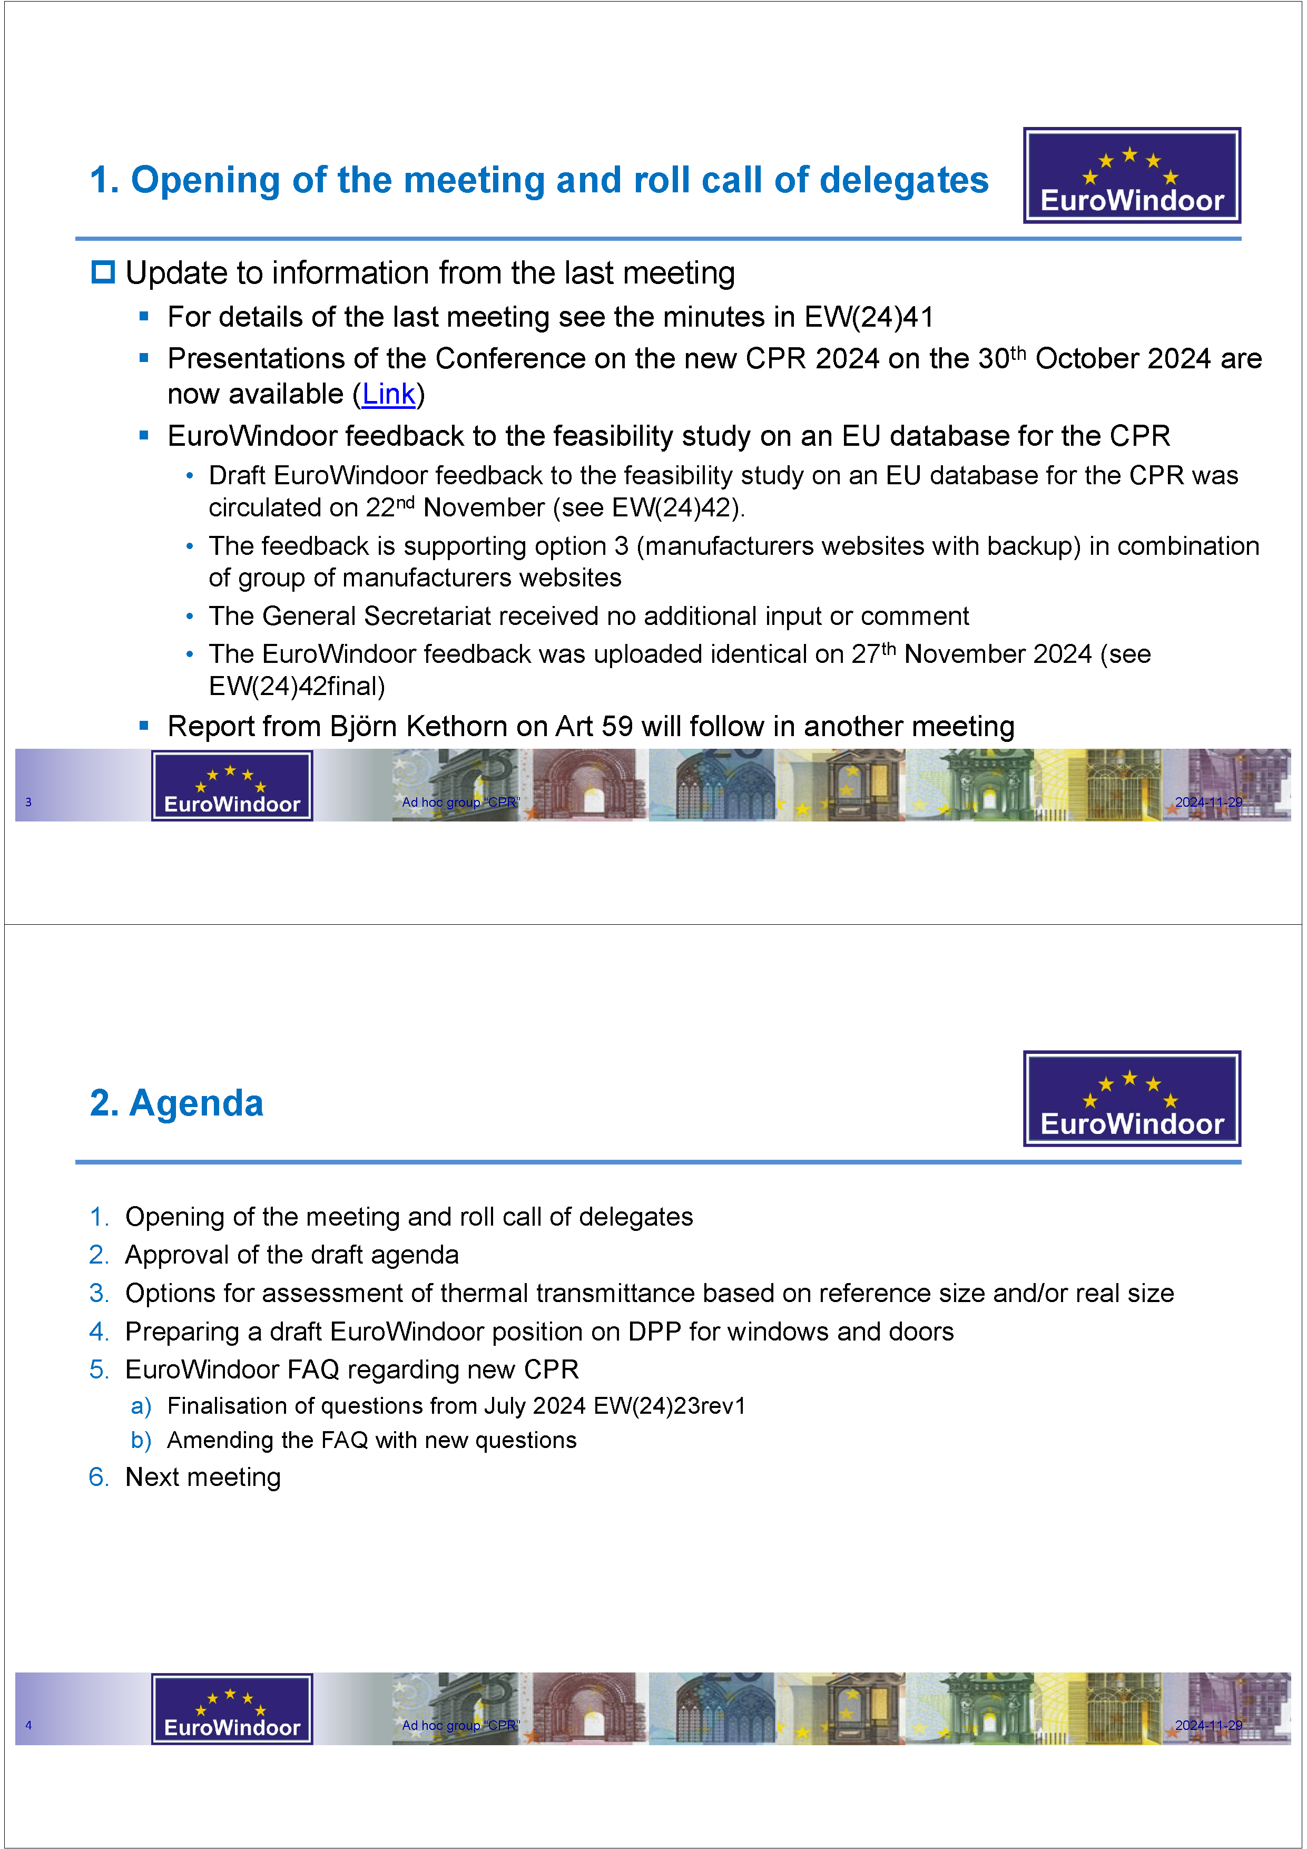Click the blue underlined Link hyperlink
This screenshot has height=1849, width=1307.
(x=388, y=395)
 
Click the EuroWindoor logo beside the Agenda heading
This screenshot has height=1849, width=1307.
(x=1132, y=1099)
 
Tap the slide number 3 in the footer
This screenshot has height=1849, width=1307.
(x=28, y=802)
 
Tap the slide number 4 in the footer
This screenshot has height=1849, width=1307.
(x=28, y=1725)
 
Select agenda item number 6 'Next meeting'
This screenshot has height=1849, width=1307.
(x=203, y=1477)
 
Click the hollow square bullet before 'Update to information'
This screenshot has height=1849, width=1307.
(x=103, y=272)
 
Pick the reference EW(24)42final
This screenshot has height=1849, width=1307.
(x=297, y=686)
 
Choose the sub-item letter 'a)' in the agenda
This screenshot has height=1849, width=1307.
(x=141, y=1406)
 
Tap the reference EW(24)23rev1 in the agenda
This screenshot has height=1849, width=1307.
(x=669, y=1406)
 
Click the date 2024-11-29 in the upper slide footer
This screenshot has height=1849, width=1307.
(x=1208, y=802)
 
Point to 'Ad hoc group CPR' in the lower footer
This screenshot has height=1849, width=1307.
(x=460, y=1725)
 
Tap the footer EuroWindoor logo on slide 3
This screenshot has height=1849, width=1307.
(x=232, y=786)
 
